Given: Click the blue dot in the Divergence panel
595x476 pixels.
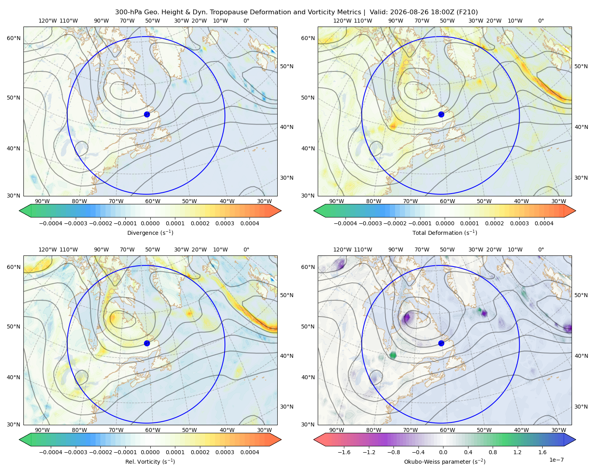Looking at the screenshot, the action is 147,114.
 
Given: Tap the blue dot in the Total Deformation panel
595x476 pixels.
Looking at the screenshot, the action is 441,114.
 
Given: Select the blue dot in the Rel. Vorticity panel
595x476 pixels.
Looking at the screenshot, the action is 147,343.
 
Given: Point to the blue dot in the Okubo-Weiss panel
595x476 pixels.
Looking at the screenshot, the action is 441,343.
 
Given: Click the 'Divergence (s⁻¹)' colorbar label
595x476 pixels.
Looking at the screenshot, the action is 150,232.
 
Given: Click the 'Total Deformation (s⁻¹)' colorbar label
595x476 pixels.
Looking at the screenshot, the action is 445,232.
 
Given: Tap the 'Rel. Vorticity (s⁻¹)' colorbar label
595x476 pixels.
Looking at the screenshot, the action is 150,461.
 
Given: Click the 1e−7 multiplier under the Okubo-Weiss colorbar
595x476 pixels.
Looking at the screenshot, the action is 556,460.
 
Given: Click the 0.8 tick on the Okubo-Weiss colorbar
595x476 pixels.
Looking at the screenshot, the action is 493,452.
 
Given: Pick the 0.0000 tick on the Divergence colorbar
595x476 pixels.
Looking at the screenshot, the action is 150,223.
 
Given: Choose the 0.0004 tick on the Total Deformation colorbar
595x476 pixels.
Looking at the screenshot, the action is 544,223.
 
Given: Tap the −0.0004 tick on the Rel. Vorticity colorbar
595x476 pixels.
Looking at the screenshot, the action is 51,452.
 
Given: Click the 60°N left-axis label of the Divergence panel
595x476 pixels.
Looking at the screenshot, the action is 13,38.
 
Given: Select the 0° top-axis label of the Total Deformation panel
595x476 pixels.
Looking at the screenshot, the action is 541,21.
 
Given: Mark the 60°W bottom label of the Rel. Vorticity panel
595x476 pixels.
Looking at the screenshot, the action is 153,430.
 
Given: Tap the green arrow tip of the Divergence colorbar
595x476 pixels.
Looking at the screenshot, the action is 19,211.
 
